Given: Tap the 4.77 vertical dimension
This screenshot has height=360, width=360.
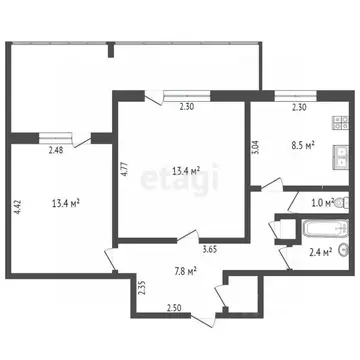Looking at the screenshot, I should pyautogui.click(x=126, y=168).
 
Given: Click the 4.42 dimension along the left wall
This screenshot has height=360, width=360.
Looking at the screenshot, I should pyautogui.click(x=17, y=208).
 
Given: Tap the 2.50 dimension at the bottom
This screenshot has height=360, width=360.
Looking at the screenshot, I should pyautogui.click(x=174, y=307).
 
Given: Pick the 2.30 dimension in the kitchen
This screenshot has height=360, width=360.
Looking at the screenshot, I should pyautogui.click(x=298, y=107).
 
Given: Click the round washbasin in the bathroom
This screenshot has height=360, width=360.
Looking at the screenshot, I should pyautogui.click(x=343, y=249).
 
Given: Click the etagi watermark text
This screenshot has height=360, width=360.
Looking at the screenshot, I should pyautogui.click(x=184, y=183).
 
